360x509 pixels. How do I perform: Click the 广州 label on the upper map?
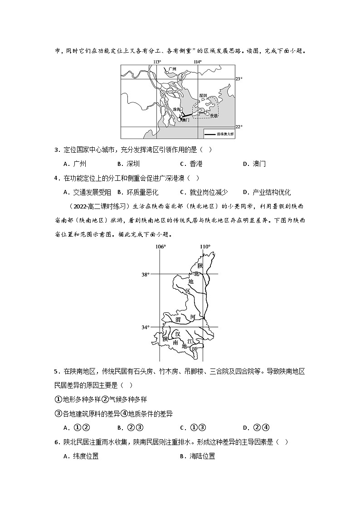(x=171, y=70)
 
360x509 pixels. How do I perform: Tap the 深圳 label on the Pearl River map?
(x=203, y=96)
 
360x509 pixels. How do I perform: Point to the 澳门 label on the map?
(x=185, y=120)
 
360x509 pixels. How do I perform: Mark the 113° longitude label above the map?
(x=157, y=62)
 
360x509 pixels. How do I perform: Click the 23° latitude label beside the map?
(x=239, y=79)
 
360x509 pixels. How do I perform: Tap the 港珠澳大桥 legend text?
(x=225, y=134)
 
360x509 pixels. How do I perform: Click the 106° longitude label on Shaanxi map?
(x=161, y=247)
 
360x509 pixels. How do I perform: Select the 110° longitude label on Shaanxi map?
(x=205, y=247)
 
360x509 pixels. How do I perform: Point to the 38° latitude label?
(x=145, y=274)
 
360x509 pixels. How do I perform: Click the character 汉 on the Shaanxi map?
(x=178, y=334)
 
